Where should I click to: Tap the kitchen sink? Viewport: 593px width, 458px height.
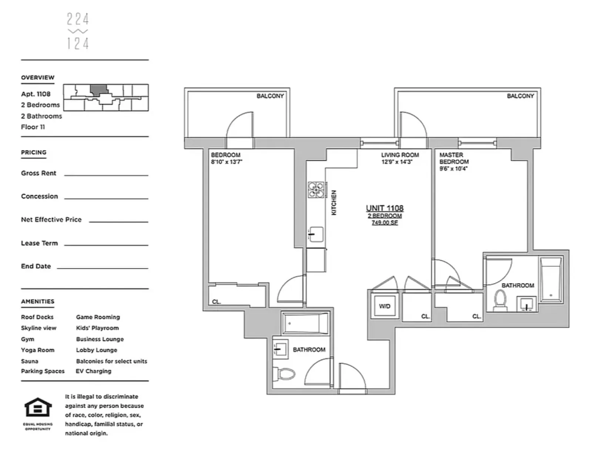[x=316, y=234]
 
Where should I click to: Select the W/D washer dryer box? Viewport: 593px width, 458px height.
[x=385, y=306]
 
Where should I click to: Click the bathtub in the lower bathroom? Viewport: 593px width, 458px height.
[x=305, y=323]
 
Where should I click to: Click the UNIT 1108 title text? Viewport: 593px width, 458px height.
[x=385, y=208]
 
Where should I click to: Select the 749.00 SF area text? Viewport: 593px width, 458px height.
[x=385, y=223]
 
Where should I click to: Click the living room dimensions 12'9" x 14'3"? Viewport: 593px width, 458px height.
[x=396, y=162]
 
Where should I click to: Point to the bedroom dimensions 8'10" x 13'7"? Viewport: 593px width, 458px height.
[x=227, y=162]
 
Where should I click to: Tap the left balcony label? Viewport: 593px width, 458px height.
[x=270, y=96]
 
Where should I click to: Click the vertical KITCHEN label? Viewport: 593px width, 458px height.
[x=334, y=203]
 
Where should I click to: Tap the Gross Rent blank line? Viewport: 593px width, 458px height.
[x=106, y=175]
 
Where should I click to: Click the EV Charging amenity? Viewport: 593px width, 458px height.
[x=93, y=371]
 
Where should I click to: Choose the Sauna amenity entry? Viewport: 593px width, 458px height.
[x=30, y=361]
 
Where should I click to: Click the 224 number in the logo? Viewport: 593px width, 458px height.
[x=78, y=19]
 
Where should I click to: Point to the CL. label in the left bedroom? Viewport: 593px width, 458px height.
[x=217, y=302]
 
